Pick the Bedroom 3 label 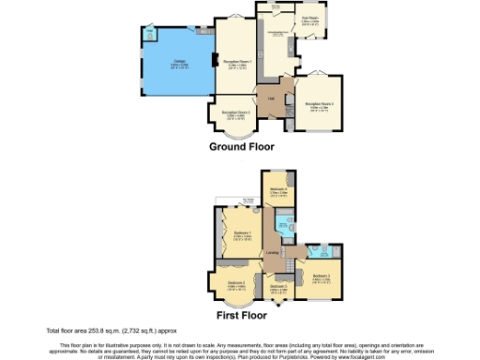point(322,277)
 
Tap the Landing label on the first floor point(272,253)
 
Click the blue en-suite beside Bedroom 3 point(316,251)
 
